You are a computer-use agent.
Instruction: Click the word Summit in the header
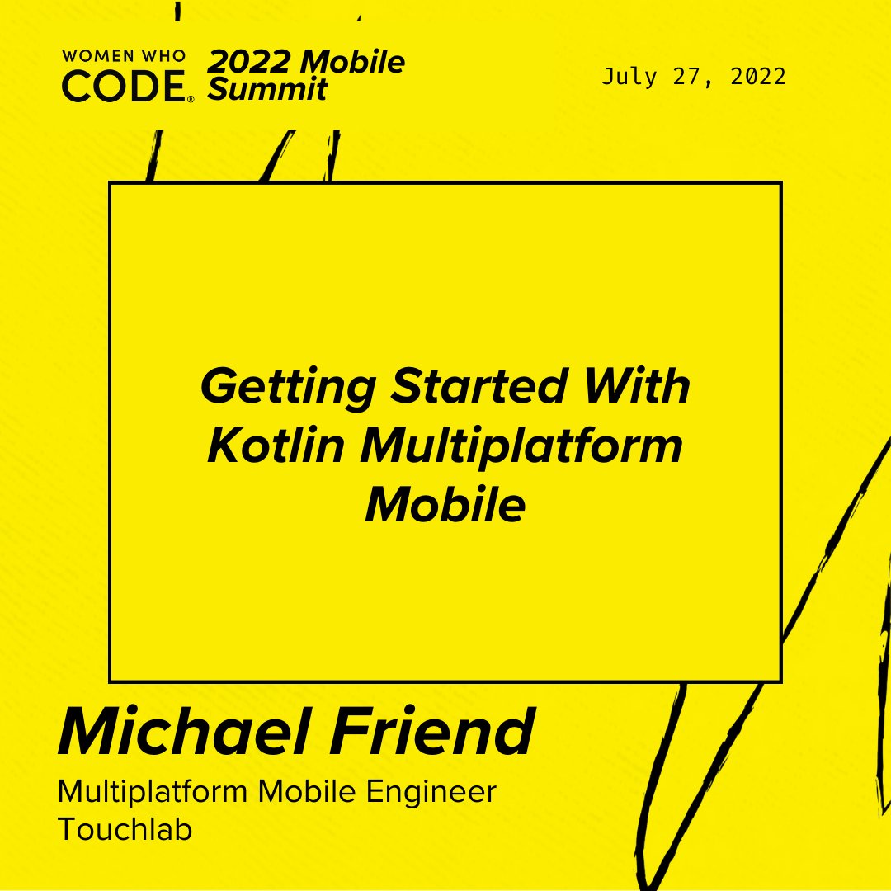point(266,88)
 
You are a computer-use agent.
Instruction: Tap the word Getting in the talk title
point(289,387)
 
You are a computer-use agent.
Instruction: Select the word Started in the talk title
point(479,387)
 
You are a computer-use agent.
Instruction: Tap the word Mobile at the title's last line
point(445,505)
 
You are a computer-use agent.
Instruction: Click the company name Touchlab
point(125,829)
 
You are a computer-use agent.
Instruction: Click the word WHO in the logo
point(168,57)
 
